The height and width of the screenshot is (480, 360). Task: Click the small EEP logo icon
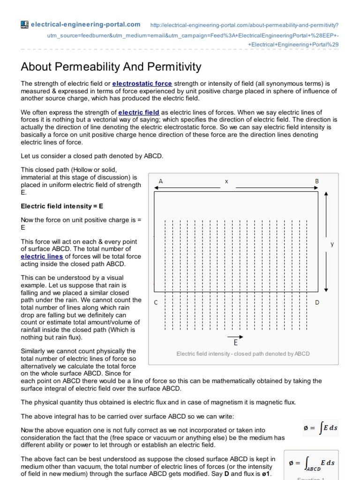[25, 24]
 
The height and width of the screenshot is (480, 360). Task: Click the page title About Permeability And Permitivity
[111, 67]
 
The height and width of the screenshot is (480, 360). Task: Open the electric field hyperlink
[139, 112]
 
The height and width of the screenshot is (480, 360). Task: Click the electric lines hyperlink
[42, 256]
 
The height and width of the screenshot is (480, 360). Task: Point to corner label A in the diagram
[161, 181]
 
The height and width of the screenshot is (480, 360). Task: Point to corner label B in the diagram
[316, 181]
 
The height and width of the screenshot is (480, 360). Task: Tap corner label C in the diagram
[156, 302]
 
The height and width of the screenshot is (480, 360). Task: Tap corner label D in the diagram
[317, 302]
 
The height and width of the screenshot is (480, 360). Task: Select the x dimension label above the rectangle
[226, 181]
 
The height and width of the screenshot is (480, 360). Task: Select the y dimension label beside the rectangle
[332, 244]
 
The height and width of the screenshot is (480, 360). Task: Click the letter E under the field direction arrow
[235, 343]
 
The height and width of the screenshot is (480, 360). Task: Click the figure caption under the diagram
[243, 353]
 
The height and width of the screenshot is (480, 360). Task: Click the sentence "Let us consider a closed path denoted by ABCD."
[92, 156]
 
